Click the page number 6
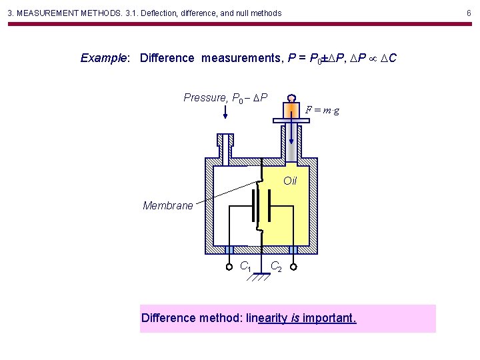pyautogui.click(x=469, y=13)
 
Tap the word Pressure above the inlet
pyautogui.click(x=205, y=98)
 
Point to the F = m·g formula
pyautogui.click(x=323, y=110)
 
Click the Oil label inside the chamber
pyautogui.click(x=290, y=181)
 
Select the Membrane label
pyautogui.click(x=167, y=205)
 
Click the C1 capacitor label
pyautogui.click(x=245, y=267)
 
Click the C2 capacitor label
pyautogui.click(x=276, y=267)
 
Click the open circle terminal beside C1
pyautogui.click(x=229, y=266)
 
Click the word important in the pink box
pyautogui.click(x=329, y=318)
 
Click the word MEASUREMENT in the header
pyautogui.click(x=48, y=13)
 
